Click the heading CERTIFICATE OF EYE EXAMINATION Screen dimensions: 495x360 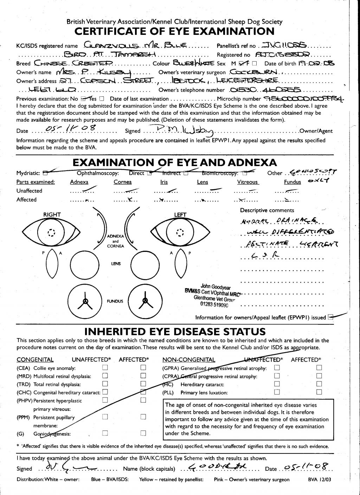click(x=174, y=31)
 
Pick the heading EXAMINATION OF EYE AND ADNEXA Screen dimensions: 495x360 click(x=174, y=163)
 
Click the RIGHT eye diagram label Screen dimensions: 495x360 click(x=52, y=215)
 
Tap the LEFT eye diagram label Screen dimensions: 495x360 click(x=180, y=215)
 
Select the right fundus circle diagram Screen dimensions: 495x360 click(x=85, y=301)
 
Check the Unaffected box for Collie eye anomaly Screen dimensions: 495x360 click(x=105, y=368)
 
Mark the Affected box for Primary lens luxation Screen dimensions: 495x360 click(x=319, y=392)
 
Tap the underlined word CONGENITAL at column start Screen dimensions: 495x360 click(x=35, y=360)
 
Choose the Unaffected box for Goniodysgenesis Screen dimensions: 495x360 click(x=105, y=433)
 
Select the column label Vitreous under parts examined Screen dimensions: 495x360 click(x=247, y=182)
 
